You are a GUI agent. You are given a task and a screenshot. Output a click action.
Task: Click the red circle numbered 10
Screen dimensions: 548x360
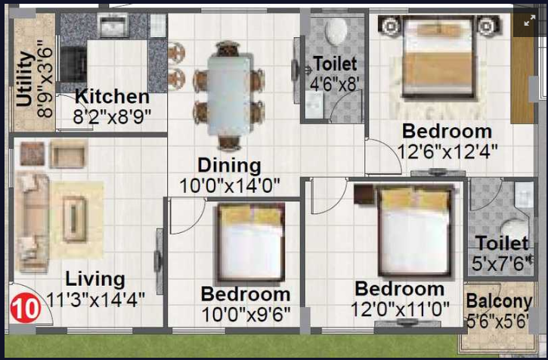[26, 309]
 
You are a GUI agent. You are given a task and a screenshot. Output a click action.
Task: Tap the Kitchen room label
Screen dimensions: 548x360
[112, 97]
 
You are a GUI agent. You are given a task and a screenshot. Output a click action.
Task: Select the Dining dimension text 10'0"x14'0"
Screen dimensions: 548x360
[230, 186]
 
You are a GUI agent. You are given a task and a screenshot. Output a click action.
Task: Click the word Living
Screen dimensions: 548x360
[95, 280]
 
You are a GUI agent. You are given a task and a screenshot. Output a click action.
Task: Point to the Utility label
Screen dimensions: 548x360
[25, 79]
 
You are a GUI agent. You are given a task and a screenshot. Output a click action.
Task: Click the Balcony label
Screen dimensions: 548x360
[499, 302]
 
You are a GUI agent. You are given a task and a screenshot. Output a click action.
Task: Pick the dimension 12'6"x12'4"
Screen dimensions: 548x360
[447, 152]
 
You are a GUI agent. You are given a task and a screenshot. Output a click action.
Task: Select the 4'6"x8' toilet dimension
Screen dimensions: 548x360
[334, 84]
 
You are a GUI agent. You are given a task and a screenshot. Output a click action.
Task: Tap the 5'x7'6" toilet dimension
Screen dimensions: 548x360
[502, 263]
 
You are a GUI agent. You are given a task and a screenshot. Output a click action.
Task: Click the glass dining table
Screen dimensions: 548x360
[229, 95]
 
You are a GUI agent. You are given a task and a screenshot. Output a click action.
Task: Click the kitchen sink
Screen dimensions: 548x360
[113, 25]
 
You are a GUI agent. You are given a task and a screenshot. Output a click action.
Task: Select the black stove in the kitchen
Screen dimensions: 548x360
[73, 65]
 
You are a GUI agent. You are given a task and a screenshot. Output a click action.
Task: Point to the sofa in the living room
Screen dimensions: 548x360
[32, 222]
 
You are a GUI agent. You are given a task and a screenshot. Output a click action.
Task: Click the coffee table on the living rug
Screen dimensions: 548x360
[74, 219]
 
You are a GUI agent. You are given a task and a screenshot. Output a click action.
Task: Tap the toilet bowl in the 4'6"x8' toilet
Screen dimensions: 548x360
[336, 31]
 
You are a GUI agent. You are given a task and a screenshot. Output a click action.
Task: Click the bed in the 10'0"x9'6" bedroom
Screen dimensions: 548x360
[251, 243]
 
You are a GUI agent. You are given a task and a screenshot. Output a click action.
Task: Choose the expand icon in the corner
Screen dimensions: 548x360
[529, 20]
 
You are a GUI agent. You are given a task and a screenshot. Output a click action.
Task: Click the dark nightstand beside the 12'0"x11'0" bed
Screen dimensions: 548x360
[364, 194]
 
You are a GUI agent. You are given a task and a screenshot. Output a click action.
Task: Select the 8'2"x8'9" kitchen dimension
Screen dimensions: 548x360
[112, 116]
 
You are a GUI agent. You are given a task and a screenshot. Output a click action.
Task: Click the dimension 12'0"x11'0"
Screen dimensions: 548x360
[400, 309]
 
